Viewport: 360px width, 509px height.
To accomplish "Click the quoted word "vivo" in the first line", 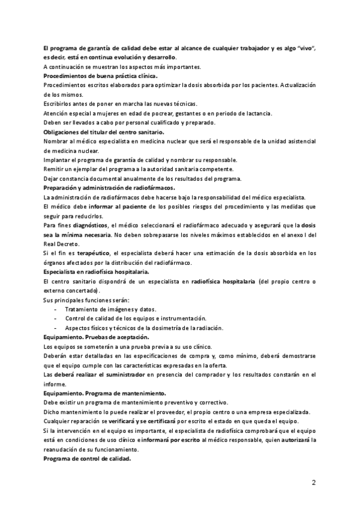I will click(305, 47).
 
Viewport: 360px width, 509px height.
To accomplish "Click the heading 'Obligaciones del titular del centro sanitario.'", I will click(104, 132).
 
